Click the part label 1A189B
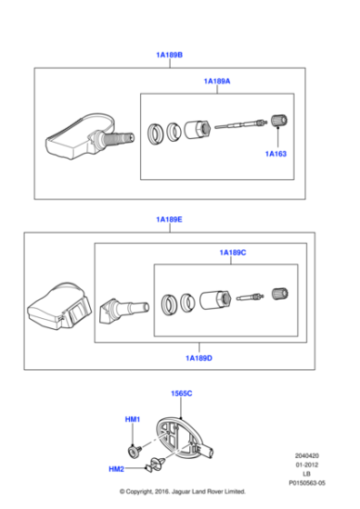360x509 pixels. [x=169, y=55]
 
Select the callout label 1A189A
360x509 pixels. [x=216, y=81]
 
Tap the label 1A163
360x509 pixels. [x=275, y=154]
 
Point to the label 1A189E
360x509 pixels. [x=169, y=219]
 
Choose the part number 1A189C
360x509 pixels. [x=232, y=252]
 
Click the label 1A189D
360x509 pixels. [x=198, y=357]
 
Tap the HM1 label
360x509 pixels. [x=132, y=419]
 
